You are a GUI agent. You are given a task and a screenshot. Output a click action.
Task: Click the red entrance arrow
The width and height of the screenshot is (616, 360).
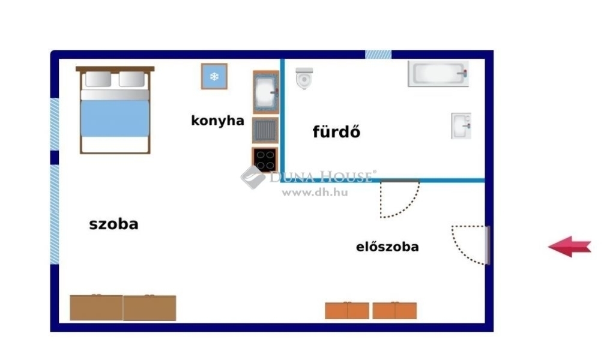[x=570, y=247]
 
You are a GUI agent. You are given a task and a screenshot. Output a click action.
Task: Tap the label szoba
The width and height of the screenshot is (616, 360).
[x=113, y=224]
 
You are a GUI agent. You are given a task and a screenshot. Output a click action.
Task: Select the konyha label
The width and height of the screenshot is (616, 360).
[x=217, y=121]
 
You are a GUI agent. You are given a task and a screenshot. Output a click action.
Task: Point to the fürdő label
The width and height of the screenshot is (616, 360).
[x=336, y=131]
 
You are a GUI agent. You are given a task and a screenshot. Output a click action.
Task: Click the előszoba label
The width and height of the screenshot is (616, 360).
[x=387, y=247]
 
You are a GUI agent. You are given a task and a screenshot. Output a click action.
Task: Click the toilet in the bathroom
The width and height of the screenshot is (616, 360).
[x=304, y=78]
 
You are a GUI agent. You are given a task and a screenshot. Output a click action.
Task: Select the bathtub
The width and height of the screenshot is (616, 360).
[x=438, y=73]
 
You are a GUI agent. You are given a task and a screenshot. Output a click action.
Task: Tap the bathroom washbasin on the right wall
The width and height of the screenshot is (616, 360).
[x=461, y=126]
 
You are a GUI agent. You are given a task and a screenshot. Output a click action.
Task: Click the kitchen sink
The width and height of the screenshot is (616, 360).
[x=265, y=92]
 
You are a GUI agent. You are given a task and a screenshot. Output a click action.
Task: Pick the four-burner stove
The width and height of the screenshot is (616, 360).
[x=265, y=160]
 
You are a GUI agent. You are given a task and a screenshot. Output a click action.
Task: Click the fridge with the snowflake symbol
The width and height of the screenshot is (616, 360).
[x=214, y=76]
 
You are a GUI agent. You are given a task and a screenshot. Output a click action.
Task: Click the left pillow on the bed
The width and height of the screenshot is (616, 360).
[x=98, y=79]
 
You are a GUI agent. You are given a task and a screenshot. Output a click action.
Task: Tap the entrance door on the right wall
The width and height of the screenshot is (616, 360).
[x=488, y=245]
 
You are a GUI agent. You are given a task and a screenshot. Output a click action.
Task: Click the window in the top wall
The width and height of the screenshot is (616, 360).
[x=378, y=54]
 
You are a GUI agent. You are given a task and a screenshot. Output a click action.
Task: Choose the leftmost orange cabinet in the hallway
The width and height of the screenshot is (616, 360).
[x=336, y=311]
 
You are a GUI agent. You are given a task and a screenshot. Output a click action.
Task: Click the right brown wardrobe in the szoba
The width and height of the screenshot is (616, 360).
[x=149, y=308]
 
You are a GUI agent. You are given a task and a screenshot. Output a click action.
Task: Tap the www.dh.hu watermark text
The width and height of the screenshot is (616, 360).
[x=315, y=193]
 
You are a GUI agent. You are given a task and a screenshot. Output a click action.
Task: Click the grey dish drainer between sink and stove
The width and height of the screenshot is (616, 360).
[x=265, y=130]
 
